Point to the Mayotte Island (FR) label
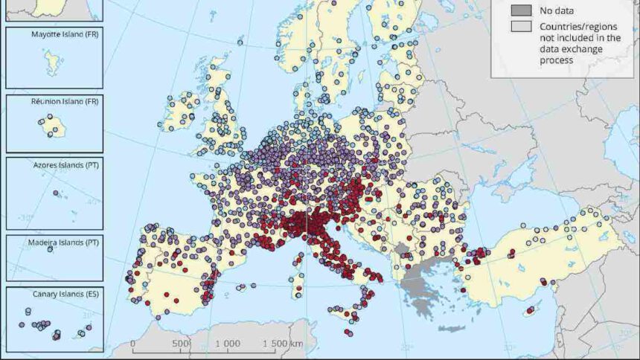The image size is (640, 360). (54, 35)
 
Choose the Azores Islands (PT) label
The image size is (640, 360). (54, 164)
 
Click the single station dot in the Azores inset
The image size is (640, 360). (57, 193)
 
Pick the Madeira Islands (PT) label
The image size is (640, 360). (54, 242)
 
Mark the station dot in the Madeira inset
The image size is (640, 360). (51, 250)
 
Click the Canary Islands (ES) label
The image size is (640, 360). (54, 293)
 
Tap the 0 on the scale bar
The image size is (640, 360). (132, 344)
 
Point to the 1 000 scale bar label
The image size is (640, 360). (227, 344)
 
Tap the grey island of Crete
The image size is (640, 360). (452, 328)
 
